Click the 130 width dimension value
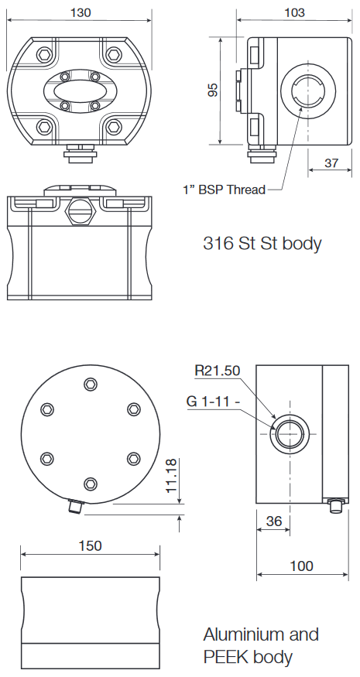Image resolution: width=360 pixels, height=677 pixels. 80,12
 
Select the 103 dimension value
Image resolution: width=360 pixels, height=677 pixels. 294,12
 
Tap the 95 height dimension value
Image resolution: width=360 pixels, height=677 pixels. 213,91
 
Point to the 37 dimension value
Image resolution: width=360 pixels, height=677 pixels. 331,163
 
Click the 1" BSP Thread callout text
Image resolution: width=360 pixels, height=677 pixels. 224,190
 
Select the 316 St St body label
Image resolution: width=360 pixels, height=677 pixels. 262,243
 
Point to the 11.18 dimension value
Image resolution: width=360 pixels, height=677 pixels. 172,477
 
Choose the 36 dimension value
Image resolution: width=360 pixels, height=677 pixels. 273,521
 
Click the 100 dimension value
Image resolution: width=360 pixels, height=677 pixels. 302,566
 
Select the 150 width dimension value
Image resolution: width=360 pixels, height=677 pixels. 90,546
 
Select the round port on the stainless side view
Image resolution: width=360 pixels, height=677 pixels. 302,91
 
